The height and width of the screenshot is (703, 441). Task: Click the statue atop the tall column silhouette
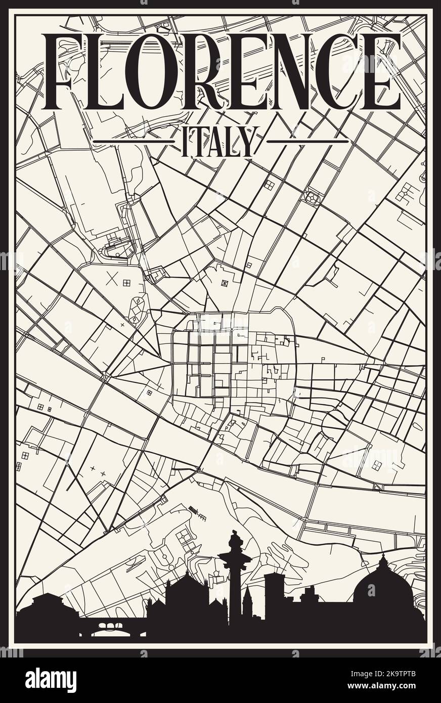tap(235, 541)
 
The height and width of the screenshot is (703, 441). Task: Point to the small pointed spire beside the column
tap(247, 597)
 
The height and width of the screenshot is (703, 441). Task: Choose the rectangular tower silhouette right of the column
tap(275, 592)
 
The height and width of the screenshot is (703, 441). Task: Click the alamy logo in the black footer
tap(51, 680)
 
